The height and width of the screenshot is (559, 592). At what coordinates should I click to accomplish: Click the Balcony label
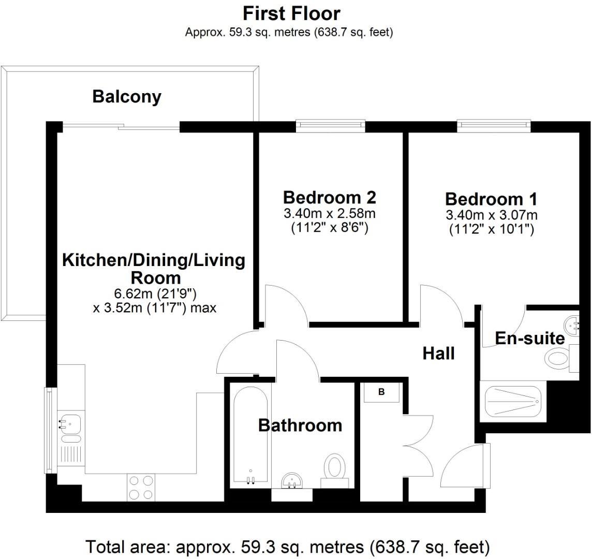coord(127,97)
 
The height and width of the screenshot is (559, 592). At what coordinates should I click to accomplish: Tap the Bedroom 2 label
coord(329,197)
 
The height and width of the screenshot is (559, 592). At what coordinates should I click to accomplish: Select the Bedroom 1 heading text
coord(491,199)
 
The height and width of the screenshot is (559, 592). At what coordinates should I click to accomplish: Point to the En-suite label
coord(529,339)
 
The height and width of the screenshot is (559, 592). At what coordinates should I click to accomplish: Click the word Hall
coord(438,354)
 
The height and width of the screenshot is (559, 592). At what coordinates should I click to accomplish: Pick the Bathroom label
coord(300,425)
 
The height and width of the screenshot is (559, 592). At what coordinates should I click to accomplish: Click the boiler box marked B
coord(381,392)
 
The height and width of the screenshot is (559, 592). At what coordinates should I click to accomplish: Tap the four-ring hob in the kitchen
coord(140,487)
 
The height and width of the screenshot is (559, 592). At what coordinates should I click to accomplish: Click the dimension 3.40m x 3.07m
coord(491,215)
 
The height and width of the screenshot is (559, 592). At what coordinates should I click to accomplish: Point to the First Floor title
coord(291,13)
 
